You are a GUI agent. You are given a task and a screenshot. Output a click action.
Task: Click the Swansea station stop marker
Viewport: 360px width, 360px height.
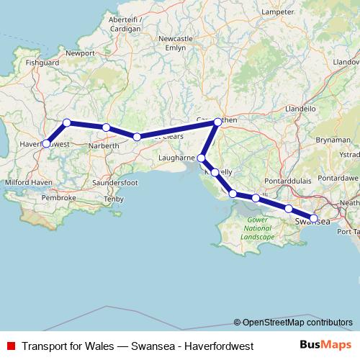[x=314, y=217]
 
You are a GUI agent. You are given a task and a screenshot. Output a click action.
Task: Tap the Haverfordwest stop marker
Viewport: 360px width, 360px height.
[x=46, y=143]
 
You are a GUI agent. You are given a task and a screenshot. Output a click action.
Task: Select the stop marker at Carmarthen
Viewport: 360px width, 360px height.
[x=218, y=122]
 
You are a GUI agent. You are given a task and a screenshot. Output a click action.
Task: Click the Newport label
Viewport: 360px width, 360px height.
[x=80, y=53]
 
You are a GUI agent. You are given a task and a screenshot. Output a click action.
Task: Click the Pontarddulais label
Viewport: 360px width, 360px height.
[x=289, y=177]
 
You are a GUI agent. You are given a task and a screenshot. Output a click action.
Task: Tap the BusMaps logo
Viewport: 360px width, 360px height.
[x=326, y=346]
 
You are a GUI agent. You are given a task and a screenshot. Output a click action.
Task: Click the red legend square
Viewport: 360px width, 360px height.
[x=10, y=346]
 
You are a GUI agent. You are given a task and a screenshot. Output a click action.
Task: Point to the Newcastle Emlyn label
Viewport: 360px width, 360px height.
[x=181, y=42]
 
